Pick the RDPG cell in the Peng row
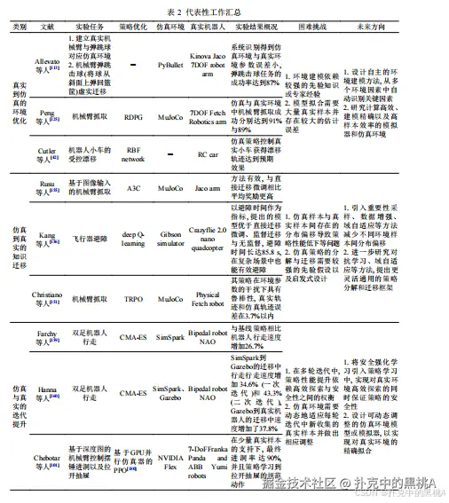pyautogui.click(x=132, y=114)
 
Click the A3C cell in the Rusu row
pyautogui.click(x=132, y=188)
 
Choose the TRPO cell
pyautogui.click(x=132, y=300)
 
